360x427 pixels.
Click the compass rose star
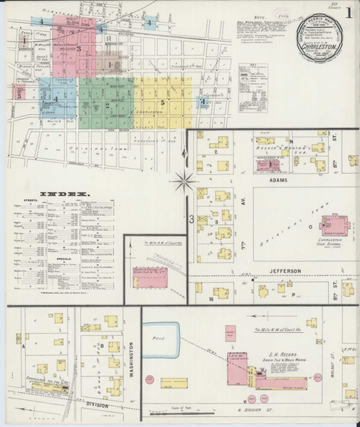point(184,180)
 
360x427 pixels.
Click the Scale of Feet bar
point(183,411)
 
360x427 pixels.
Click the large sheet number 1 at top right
point(348,12)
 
